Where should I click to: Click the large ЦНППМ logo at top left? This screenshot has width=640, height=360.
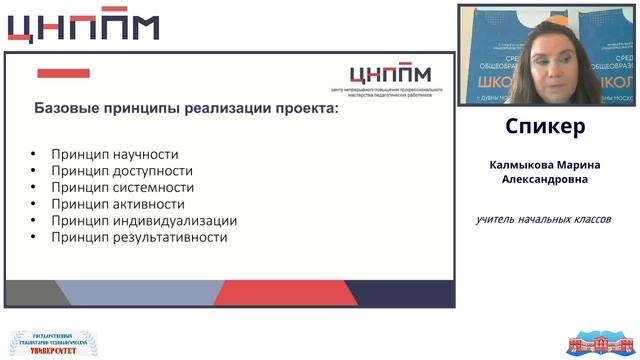coord(83,27)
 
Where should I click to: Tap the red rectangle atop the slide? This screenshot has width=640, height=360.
coord(63,73)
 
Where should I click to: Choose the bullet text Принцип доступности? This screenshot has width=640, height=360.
coord(119,171)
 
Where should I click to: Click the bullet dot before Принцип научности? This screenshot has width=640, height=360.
coord(33,155)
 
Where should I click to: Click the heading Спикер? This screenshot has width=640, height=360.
coord(545,128)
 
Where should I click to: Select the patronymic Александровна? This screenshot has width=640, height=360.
coord(545,180)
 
